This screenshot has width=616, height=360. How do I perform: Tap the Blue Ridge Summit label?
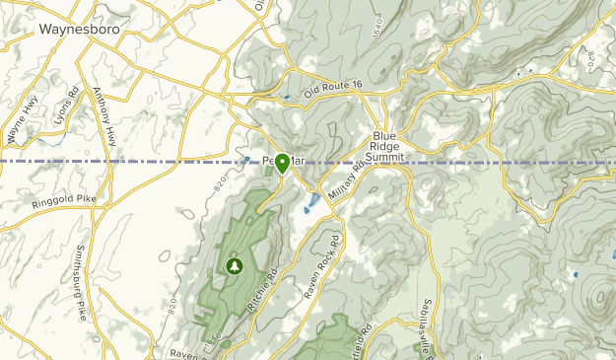(x=383, y=145)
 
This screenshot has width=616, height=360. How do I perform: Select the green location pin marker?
(x=282, y=163)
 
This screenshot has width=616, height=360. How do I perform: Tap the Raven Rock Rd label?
(x=322, y=266)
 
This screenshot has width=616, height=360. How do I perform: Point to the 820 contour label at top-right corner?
(x=590, y=60)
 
